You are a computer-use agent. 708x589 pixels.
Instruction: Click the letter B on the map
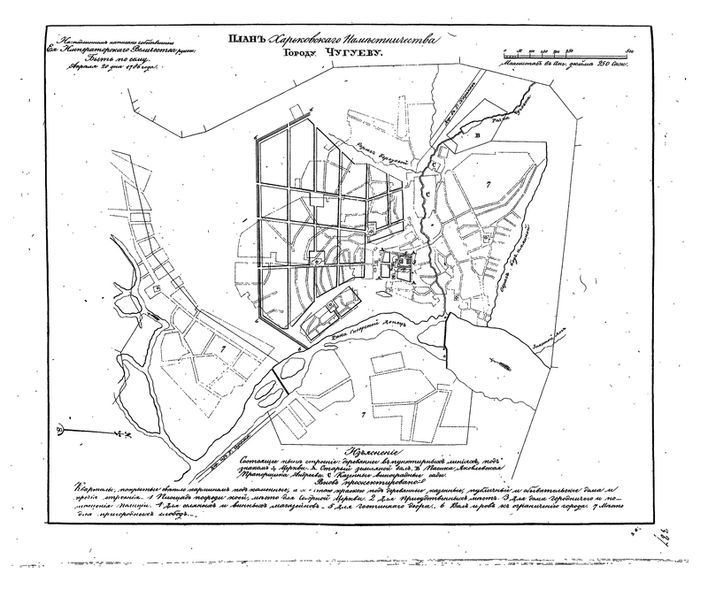(x=478, y=135)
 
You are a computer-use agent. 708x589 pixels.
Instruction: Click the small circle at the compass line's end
(x=59, y=431)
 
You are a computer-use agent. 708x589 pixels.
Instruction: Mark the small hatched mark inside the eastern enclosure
(x=498, y=363)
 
